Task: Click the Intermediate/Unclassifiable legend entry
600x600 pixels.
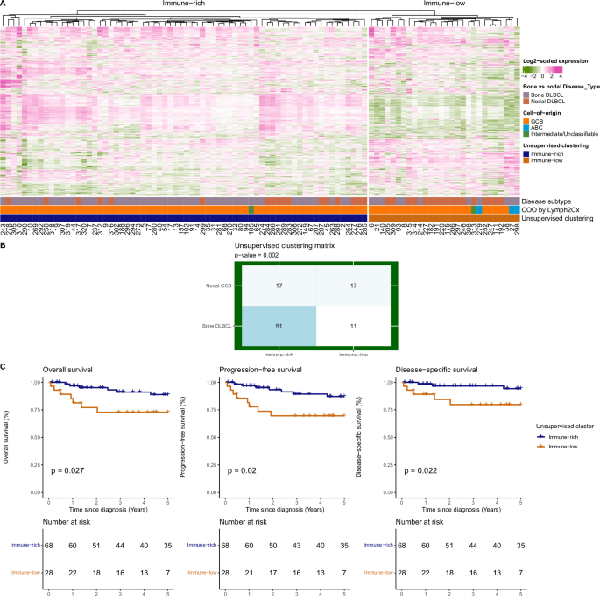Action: click(564, 133)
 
